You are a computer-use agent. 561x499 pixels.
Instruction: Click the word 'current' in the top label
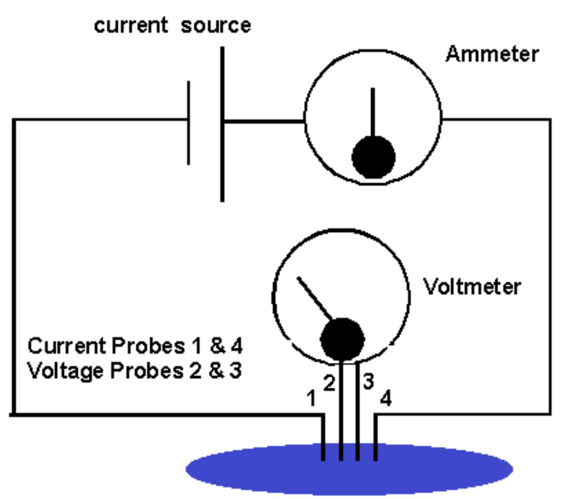[131, 25]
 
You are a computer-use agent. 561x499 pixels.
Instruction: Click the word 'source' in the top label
[216, 25]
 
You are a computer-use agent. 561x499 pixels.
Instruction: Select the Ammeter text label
[492, 54]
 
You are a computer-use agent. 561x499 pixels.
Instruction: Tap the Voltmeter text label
[472, 287]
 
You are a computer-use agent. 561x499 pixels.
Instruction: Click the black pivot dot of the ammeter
[373, 157]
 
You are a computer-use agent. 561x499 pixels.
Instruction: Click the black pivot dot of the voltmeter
[342, 340]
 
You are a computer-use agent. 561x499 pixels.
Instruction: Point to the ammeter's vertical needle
[372, 112]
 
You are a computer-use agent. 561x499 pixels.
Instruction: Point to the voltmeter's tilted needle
[314, 298]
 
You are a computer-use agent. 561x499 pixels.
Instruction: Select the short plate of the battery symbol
[189, 122]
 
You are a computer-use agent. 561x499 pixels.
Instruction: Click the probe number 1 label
[311, 398]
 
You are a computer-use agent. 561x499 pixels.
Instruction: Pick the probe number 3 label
[368, 381]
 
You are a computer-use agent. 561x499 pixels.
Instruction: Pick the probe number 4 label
[386, 398]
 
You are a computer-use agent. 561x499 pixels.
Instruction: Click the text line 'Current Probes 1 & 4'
[135, 346]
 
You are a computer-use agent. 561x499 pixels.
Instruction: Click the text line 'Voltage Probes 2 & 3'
[134, 371]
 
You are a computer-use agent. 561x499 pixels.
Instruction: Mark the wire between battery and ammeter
[264, 121]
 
